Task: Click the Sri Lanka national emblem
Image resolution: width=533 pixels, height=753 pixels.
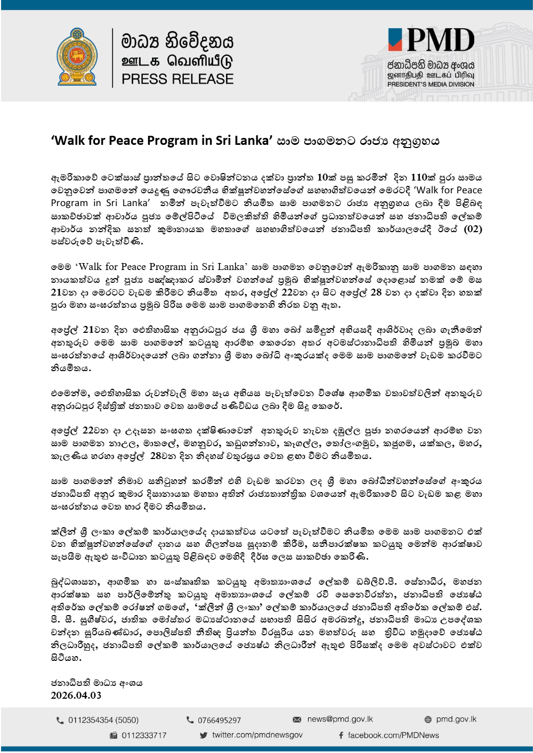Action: (x=77, y=57)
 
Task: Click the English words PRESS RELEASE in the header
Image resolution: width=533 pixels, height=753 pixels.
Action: (x=177, y=79)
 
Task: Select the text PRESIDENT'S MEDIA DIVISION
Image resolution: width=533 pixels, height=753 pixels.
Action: (x=431, y=84)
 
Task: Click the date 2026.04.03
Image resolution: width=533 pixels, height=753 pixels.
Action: (x=76, y=695)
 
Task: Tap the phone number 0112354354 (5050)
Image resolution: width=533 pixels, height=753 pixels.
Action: (x=103, y=721)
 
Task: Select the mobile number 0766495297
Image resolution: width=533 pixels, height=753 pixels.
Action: (x=219, y=721)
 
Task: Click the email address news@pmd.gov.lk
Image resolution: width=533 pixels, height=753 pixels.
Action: (x=340, y=719)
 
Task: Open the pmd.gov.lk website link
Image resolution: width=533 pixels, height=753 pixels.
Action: (x=456, y=719)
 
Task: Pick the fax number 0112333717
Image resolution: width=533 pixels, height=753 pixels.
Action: (x=144, y=735)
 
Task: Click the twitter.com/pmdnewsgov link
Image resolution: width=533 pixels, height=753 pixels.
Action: (x=257, y=735)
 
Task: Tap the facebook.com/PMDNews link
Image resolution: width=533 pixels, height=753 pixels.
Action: (x=393, y=735)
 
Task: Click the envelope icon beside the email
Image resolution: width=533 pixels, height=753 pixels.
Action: (x=297, y=720)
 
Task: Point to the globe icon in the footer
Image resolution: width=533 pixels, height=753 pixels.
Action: (x=428, y=720)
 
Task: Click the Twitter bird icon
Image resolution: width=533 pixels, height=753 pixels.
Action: (x=203, y=735)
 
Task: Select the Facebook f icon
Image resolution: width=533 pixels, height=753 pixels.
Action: (x=341, y=735)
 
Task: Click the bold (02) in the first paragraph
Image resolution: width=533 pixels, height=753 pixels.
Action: (x=473, y=229)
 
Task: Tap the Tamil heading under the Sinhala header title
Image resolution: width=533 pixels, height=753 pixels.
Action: (x=177, y=61)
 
